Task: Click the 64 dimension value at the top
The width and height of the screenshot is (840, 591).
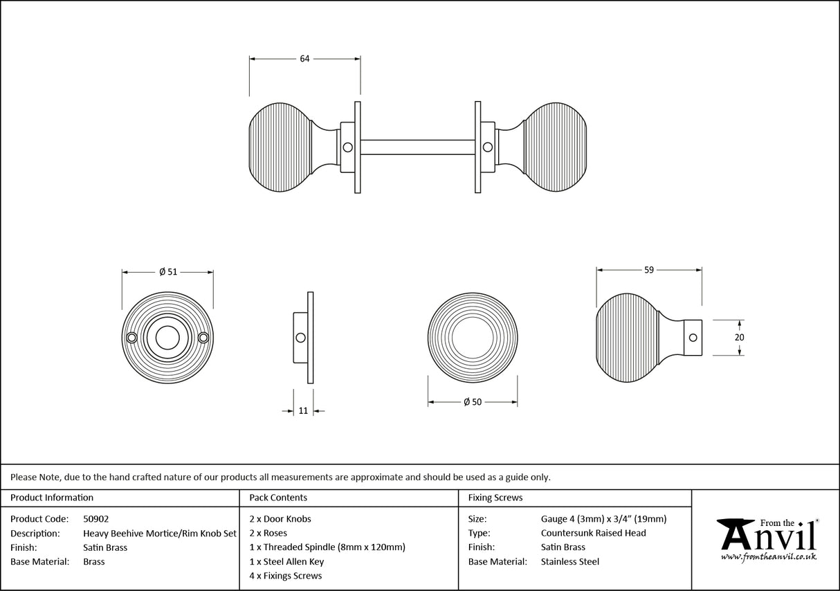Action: tap(304, 59)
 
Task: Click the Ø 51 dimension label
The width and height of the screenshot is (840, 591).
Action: tap(168, 272)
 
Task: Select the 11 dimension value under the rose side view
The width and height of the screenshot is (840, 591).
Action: tap(303, 410)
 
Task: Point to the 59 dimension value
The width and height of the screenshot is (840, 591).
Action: tap(648, 270)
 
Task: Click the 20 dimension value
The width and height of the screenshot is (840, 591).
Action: tap(739, 337)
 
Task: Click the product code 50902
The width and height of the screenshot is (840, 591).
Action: tap(95, 518)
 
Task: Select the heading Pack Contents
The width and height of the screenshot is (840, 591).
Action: tap(278, 498)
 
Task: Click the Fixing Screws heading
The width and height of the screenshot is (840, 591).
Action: tap(495, 498)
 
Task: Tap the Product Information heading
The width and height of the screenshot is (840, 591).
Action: tap(52, 498)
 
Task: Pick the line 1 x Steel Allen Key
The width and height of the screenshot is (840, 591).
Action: tap(286, 561)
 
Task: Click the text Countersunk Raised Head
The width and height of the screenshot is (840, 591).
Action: tap(593, 533)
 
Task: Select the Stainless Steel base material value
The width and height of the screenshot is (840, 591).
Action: tap(570, 561)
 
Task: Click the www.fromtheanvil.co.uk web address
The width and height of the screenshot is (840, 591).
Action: tap(769, 556)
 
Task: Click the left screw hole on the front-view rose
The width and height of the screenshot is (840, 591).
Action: tap(132, 337)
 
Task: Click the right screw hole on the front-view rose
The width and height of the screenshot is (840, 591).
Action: tap(203, 337)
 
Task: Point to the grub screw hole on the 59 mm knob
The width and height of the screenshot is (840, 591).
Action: tap(693, 338)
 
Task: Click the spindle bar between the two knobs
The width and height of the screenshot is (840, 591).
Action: tap(417, 147)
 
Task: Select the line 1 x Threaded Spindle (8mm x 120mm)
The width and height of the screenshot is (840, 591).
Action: tap(327, 547)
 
